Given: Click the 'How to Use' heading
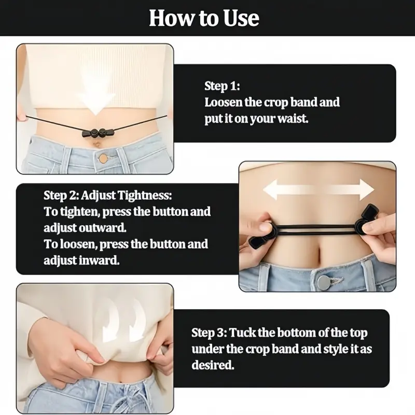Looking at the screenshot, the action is click(x=204, y=18).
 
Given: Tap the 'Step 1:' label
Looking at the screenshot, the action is click(x=222, y=86).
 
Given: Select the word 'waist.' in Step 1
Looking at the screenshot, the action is click(x=293, y=118).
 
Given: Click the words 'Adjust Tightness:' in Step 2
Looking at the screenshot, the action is click(x=126, y=196).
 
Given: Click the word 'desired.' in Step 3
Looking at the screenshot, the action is click(x=213, y=365).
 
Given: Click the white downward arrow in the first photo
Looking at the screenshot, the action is click(x=96, y=95).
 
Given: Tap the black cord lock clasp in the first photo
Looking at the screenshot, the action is click(x=98, y=132).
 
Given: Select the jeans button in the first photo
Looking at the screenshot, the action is click(x=103, y=159).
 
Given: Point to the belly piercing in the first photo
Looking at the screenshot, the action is click(x=96, y=145).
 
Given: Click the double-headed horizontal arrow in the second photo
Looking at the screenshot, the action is click(x=319, y=189).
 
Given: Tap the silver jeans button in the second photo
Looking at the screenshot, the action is click(x=324, y=282).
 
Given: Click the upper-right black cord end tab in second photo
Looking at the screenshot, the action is click(x=370, y=213).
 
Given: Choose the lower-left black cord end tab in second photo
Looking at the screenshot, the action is click(x=255, y=242).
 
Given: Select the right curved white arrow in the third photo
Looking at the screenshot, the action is click(x=137, y=319).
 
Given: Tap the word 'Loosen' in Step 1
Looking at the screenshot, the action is click(x=224, y=102).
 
